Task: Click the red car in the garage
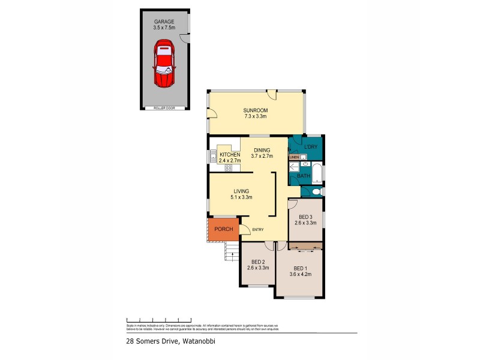point(163,64)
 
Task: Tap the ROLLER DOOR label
point(163,108)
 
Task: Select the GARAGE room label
point(163,21)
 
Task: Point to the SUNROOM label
point(255,111)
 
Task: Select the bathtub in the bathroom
point(319,175)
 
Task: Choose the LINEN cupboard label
point(294,157)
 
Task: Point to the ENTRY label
point(258,229)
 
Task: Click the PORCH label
point(223,229)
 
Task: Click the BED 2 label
point(259,262)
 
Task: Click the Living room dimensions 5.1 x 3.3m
point(241,197)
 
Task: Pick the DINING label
point(262,150)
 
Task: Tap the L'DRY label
point(310,147)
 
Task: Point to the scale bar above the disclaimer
point(158,319)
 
